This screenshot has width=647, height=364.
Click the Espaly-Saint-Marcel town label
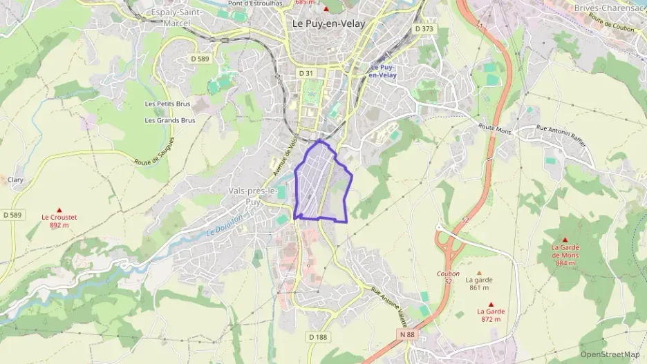[x=176, y=17]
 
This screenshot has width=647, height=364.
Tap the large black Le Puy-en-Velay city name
[x=328, y=23]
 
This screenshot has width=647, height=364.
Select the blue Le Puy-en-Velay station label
[x=382, y=71]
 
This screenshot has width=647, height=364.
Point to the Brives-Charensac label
[x=609, y=8]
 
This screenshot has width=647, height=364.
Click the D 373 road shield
[x=424, y=29]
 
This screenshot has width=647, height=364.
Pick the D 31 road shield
[x=306, y=73]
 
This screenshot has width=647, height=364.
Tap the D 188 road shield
[x=317, y=336]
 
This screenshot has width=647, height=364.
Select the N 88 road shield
[x=407, y=334]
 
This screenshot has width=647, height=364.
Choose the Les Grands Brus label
[x=169, y=120]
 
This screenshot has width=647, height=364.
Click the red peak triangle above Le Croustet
[x=59, y=209]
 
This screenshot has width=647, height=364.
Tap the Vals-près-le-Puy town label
[x=253, y=195]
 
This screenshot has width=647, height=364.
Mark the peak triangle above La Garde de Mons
[x=565, y=240]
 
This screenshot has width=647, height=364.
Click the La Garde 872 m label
[x=491, y=315]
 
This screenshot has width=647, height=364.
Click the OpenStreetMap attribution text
[x=610, y=354]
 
